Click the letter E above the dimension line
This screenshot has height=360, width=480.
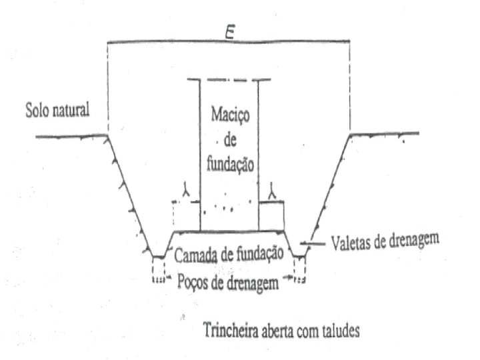coord(229,33)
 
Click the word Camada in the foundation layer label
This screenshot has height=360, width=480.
coord(195,253)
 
